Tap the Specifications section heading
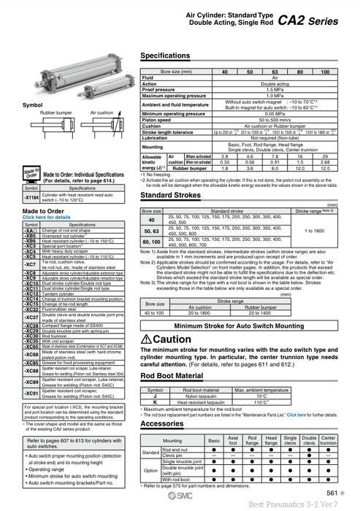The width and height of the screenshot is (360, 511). (x=165, y=55)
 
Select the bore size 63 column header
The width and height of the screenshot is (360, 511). (x=276, y=71)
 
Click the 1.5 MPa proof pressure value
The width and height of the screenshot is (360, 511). (x=275, y=90)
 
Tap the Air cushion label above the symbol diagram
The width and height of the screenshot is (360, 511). (x=102, y=113)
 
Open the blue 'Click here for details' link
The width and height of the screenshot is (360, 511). (x=47, y=218)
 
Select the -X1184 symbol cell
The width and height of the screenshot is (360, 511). (x=31, y=198)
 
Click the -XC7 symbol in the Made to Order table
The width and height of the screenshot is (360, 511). (x=31, y=264)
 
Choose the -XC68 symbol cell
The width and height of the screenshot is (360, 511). (x=31, y=354)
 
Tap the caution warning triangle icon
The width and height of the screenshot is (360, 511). (x=146, y=339)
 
